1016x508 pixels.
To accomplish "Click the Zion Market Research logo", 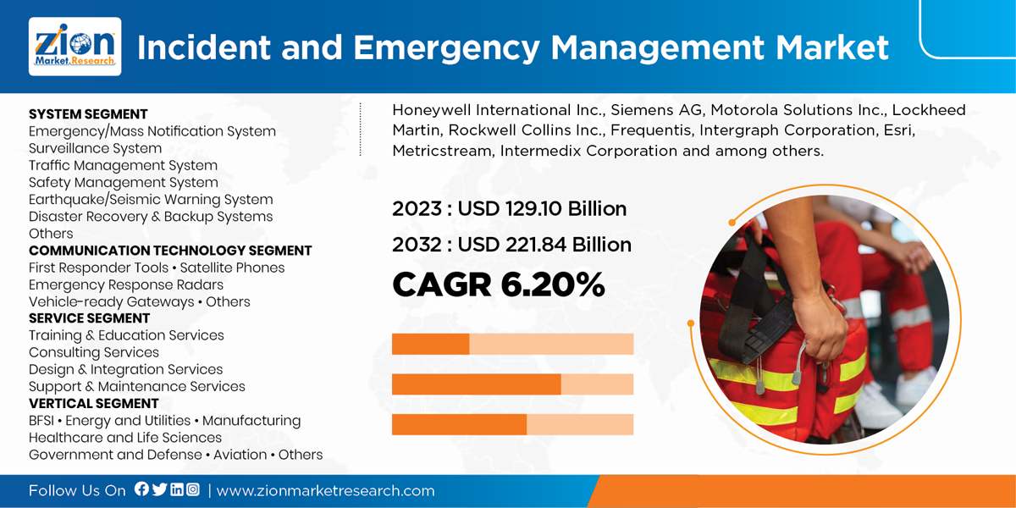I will pos(75,47).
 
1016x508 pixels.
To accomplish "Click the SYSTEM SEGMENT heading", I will pos(88,114).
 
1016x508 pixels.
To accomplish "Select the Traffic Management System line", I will pos(123,165).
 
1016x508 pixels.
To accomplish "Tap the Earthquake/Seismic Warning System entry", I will pos(151,200).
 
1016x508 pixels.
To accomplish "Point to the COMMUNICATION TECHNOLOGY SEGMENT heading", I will pos(170,251).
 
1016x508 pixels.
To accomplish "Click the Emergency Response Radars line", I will pos(126,284).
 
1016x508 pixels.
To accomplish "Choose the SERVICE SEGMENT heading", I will pos(89,318).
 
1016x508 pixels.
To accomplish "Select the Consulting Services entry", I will pos(94,352).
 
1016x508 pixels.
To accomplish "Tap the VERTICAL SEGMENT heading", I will pos(93,403).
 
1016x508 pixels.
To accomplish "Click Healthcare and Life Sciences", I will pos(125,438).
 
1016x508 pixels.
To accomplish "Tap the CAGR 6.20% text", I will pos(498,285).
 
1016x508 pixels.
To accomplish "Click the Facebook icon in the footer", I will pos(141,489).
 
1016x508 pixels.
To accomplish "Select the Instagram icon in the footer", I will pos(193,489).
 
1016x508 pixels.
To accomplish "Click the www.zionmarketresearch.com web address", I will pos(325,490).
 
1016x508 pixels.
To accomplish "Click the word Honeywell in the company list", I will pos(430,110).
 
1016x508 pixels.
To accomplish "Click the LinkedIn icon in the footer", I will pos(176,489).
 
